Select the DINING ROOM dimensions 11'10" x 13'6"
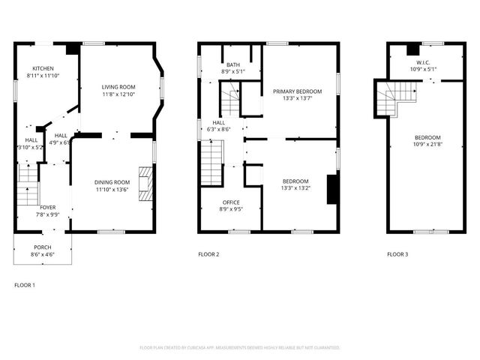[x=112, y=190]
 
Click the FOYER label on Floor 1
[x=47, y=207]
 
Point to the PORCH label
[x=43, y=247]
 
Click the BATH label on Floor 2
[x=233, y=64]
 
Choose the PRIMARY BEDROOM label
[x=297, y=91]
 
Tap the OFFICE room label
[x=231, y=202]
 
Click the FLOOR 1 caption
[x=25, y=285]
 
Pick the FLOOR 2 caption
[x=208, y=255]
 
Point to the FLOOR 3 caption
[x=397, y=255]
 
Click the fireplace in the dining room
[x=148, y=181]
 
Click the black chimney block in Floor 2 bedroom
[x=331, y=189]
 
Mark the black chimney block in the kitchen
[x=72, y=49]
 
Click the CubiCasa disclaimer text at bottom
[x=240, y=348]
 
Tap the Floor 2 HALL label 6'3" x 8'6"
[x=219, y=126]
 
